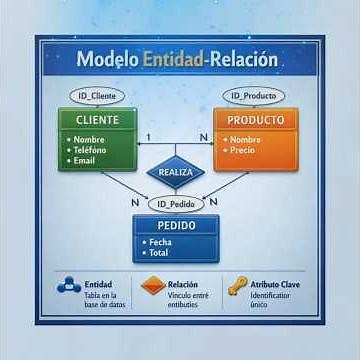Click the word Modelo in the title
(107, 60)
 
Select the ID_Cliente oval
(97, 96)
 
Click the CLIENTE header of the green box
(96, 120)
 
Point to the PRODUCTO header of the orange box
(255, 120)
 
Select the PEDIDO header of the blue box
(176, 226)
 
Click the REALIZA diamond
(176, 172)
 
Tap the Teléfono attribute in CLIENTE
(92, 150)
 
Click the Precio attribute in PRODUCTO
(245, 151)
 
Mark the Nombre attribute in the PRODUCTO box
(247, 140)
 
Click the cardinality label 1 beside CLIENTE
(148, 136)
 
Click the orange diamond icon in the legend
(153, 286)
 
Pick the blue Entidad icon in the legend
(69, 286)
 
